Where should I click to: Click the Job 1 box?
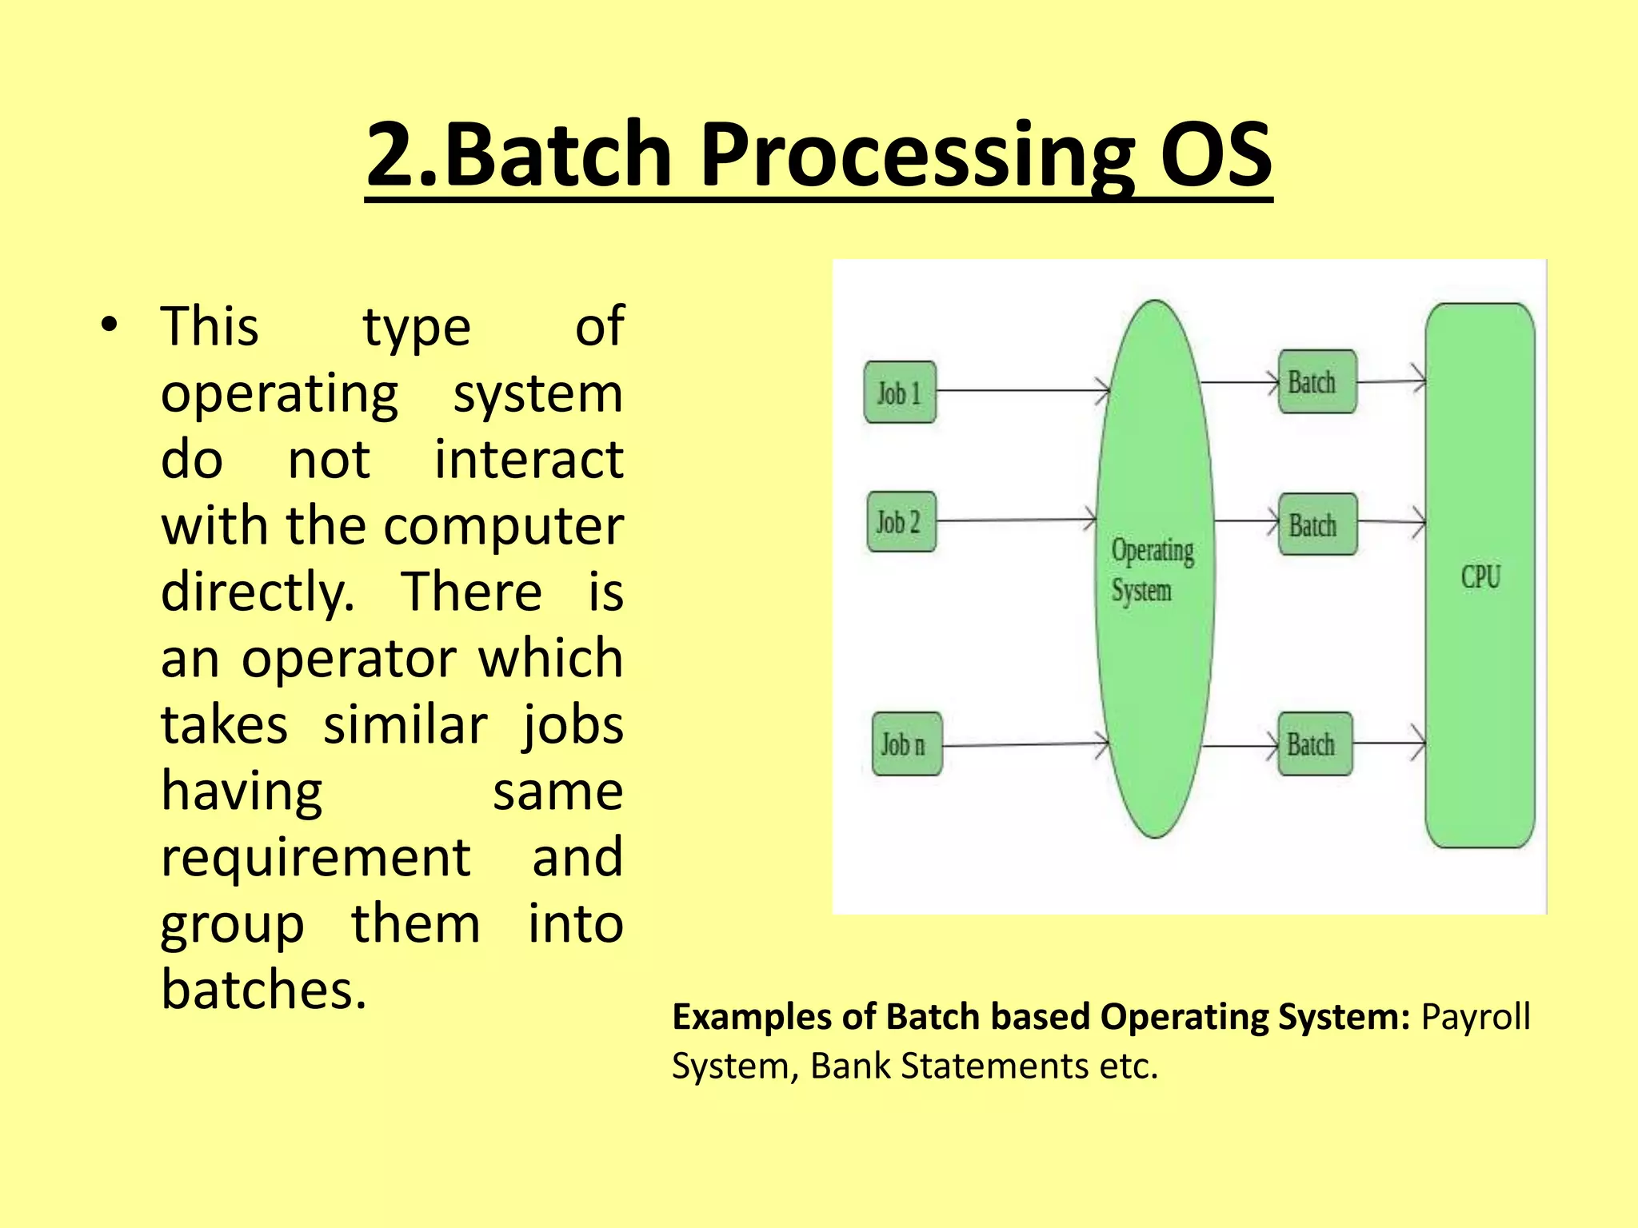tap(900, 393)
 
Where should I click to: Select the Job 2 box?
tap(901, 522)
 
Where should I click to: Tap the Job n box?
tap(906, 744)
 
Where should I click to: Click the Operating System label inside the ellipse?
tap(1152, 570)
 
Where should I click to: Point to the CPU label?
tap(1480, 576)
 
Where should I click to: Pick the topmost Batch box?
tap(1316, 382)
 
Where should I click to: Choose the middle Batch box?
tap(1317, 524)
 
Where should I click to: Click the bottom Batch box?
tap(1315, 744)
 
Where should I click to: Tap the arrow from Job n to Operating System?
tap(1024, 745)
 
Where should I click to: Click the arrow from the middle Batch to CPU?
tap(1392, 522)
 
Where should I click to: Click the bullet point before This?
tap(109, 325)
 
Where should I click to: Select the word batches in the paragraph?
tap(263, 990)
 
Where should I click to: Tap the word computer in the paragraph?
tap(503, 526)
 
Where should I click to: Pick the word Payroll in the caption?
tap(1475, 1017)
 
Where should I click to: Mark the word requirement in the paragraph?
tap(315, 857)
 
